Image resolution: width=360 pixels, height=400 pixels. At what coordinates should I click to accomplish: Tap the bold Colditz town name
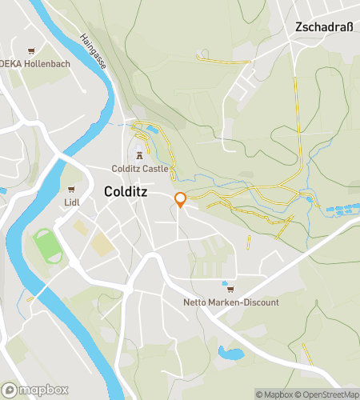tap(129, 192)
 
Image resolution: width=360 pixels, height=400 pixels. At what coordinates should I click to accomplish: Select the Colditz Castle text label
tap(140, 169)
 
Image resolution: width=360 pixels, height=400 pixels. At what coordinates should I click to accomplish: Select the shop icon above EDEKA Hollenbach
tap(32, 50)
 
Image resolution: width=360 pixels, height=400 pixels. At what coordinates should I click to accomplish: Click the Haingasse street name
tap(94, 49)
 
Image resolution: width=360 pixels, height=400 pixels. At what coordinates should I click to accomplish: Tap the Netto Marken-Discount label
tap(231, 302)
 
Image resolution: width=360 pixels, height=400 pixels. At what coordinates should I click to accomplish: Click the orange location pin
tap(180, 200)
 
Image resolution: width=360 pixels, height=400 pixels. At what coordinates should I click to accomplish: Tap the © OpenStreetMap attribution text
tap(329, 394)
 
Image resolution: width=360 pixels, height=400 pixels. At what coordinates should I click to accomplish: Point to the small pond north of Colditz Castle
tap(152, 129)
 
